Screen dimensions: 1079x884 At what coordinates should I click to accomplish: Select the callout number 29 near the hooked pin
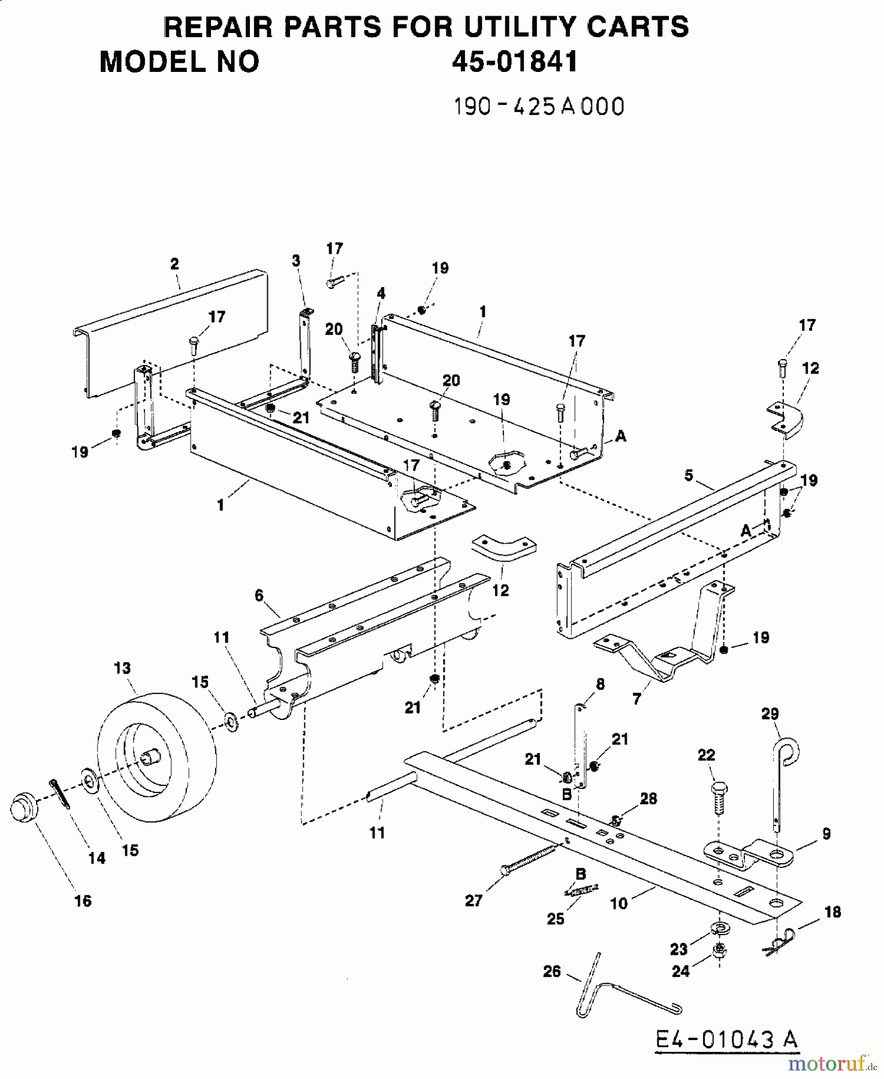[x=770, y=713]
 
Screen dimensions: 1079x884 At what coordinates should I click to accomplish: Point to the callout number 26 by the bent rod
[x=551, y=971]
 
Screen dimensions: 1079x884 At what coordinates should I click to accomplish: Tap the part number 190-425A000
[x=539, y=107]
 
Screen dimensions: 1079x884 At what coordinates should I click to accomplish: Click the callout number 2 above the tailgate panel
[x=174, y=264]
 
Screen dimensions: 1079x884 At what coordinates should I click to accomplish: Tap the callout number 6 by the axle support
[x=259, y=595]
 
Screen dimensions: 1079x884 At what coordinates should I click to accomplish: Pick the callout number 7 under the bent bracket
[x=636, y=698]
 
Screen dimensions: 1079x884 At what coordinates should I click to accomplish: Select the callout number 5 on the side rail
[x=689, y=475]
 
